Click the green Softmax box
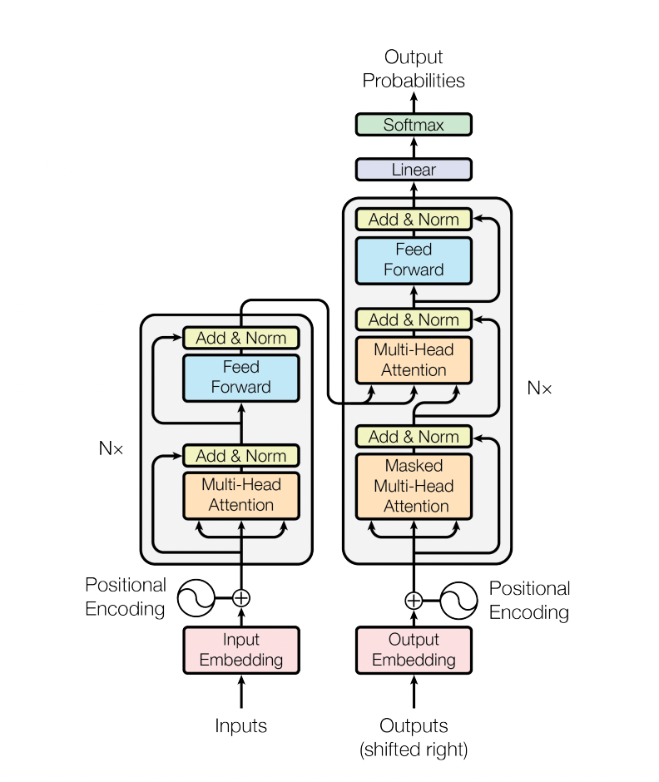pyautogui.click(x=414, y=125)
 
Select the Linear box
pyautogui.click(x=414, y=170)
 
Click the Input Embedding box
pyautogui.click(x=241, y=650)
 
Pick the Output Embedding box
pyautogui.click(x=414, y=650)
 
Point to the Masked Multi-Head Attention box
pyautogui.click(x=414, y=486)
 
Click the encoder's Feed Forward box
pyautogui.click(x=241, y=377)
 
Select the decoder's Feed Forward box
pyautogui.click(x=414, y=260)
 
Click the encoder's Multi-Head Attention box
pyautogui.click(x=241, y=495)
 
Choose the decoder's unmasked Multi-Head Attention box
pyautogui.click(x=414, y=360)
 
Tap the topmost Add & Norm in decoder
pyautogui.click(x=414, y=220)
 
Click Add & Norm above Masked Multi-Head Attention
pyautogui.click(x=414, y=437)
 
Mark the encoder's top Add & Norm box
pyautogui.click(x=241, y=338)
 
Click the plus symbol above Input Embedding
pyautogui.click(x=241, y=597)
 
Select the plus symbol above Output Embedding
pyautogui.click(x=414, y=600)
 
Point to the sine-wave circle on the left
pyautogui.click(x=196, y=597)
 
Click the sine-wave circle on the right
pyautogui.click(x=458, y=600)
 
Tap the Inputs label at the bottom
pyautogui.click(x=241, y=726)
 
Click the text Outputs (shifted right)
pyautogui.click(x=414, y=737)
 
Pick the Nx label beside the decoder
pyautogui.click(x=539, y=388)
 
